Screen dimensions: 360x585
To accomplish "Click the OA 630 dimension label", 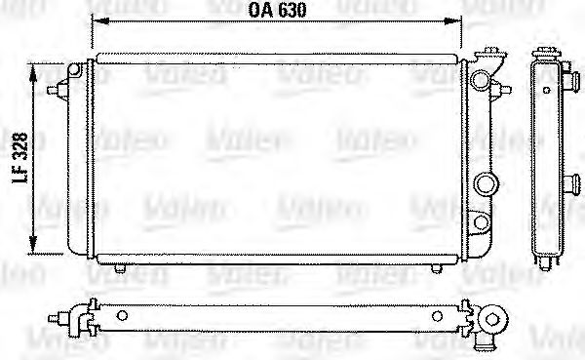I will click(x=276, y=11).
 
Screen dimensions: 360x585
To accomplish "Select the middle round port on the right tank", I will click(x=485, y=183).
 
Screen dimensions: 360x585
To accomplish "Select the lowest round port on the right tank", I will click(x=482, y=225).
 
